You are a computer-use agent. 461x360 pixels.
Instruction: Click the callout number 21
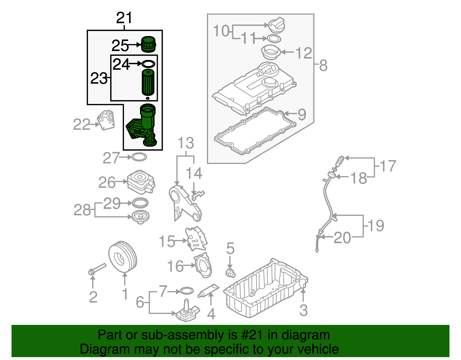pyautogui.click(x=124, y=18)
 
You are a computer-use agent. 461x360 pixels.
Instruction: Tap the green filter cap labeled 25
pyautogui.click(x=148, y=44)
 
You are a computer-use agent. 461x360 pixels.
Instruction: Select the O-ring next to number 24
pyautogui.click(x=148, y=64)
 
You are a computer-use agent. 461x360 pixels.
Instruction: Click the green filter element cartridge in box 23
pyautogui.click(x=148, y=82)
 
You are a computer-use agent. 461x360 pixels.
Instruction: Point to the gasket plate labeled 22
pyautogui.click(x=106, y=120)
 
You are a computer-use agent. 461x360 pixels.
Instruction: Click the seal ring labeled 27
pyautogui.click(x=139, y=157)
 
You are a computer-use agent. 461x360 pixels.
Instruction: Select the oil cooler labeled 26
pyautogui.click(x=141, y=182)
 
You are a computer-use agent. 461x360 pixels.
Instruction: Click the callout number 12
pyautogui.click(x=304, y=53)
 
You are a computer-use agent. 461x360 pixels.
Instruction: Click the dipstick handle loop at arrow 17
pyautogui.click(x=341, y=158)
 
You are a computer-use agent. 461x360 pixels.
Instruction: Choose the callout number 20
pyautogui.click(x=342, y=238)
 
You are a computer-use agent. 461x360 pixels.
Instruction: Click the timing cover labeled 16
pyautogui.click(x=203, y=265)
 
